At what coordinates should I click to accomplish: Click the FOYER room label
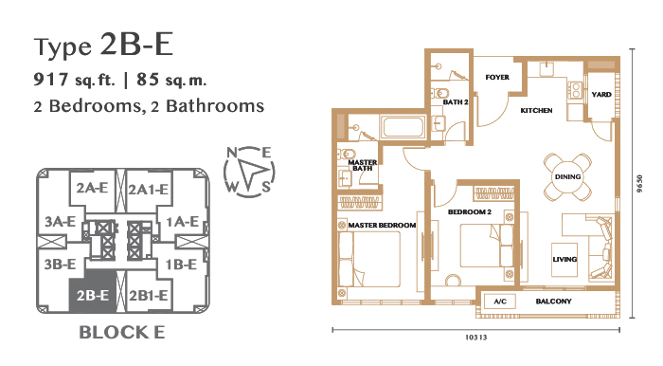coord(497,78)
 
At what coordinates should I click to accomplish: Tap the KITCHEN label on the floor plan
coord(536,110)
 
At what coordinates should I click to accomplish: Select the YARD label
coord(601,95)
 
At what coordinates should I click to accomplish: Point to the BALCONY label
coord(553,302)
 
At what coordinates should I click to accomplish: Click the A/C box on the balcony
coord(500,302)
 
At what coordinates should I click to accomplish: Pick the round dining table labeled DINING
coord(567,177)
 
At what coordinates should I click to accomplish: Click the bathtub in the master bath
coord(403,127)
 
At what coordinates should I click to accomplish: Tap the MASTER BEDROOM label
coord(382,226)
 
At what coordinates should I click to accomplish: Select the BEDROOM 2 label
coord(470,212)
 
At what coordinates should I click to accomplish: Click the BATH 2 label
coord(456,102)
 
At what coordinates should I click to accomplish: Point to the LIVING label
coord(564,260)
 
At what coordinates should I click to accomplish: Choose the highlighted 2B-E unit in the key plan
coord(93,295)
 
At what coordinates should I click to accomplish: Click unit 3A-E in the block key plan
coord(60,221)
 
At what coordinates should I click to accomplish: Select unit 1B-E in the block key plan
coord(181,265)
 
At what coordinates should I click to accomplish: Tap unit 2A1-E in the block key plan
coord(149,189)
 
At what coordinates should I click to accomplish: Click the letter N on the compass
coord(232,153)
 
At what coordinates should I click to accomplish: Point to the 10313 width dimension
coord(476,338)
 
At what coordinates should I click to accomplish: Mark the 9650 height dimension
coord(639,184)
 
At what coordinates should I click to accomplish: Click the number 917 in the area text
coord(51,79)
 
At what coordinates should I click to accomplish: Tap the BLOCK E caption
coord(122,333)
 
